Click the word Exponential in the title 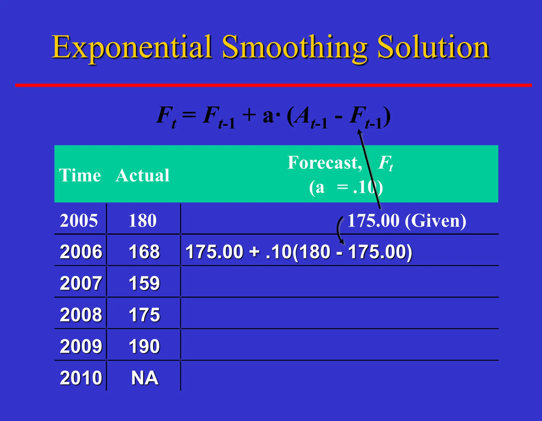point(132,48)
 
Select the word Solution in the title point(433,48)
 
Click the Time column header point(80,175)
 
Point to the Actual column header point(142,175)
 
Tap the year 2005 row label point(79,220)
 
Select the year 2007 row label point(81,283)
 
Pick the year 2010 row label point(81,378)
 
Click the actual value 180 point(143,220)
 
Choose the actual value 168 point(144,252)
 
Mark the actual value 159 point(144,283)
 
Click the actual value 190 point(144,346)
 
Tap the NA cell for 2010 point(145,378)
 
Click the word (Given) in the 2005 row point(435,221)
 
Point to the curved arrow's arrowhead point(342,242)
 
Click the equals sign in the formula point(189,115)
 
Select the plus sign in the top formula point(249,115)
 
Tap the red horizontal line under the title point(273,85)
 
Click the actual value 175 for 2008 point(144,315)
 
